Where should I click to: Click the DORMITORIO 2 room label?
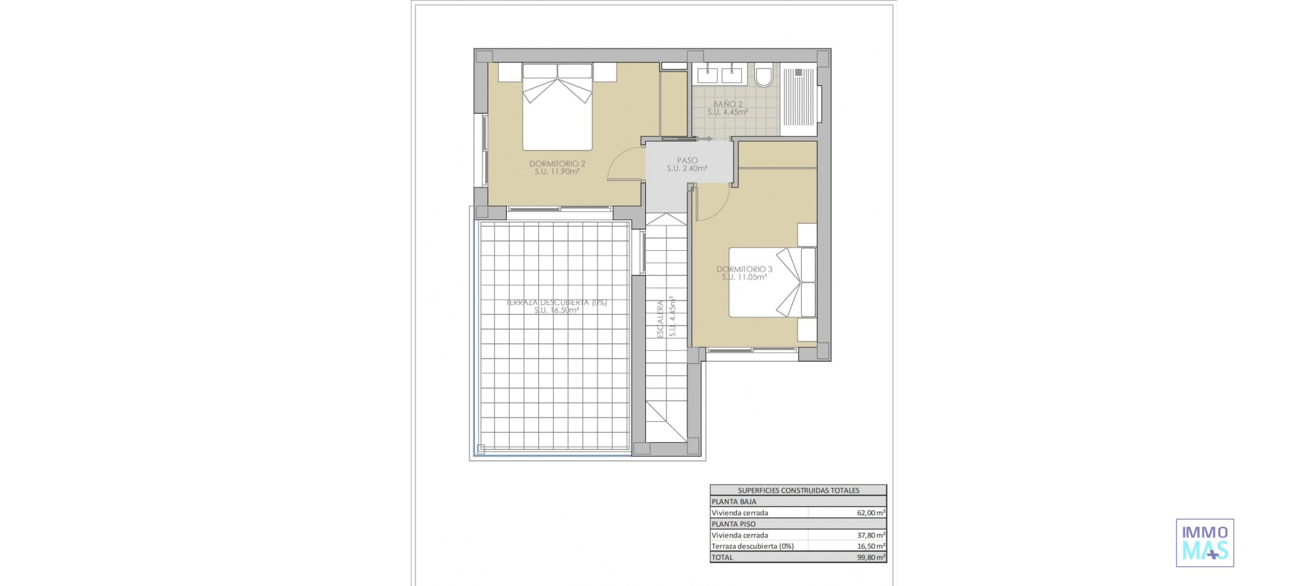coord(557,164)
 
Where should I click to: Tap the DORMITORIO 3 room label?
coord(745,269)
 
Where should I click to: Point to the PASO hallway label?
coord(687,161)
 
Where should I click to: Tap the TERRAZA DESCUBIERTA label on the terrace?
coord(557,303)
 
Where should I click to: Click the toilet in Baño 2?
coord(764,74)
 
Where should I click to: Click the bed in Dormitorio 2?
coord(557,106)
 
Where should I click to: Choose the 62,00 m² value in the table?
coord(871,513)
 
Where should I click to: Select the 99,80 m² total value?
coord(871,557)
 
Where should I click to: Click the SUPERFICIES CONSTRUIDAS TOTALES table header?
coord(798,490)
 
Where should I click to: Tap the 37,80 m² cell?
coord(871,536)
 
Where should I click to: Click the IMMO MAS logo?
coord(1204,543)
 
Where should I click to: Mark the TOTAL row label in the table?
coord(723,557)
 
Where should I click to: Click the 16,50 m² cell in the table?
coord(871,546)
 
